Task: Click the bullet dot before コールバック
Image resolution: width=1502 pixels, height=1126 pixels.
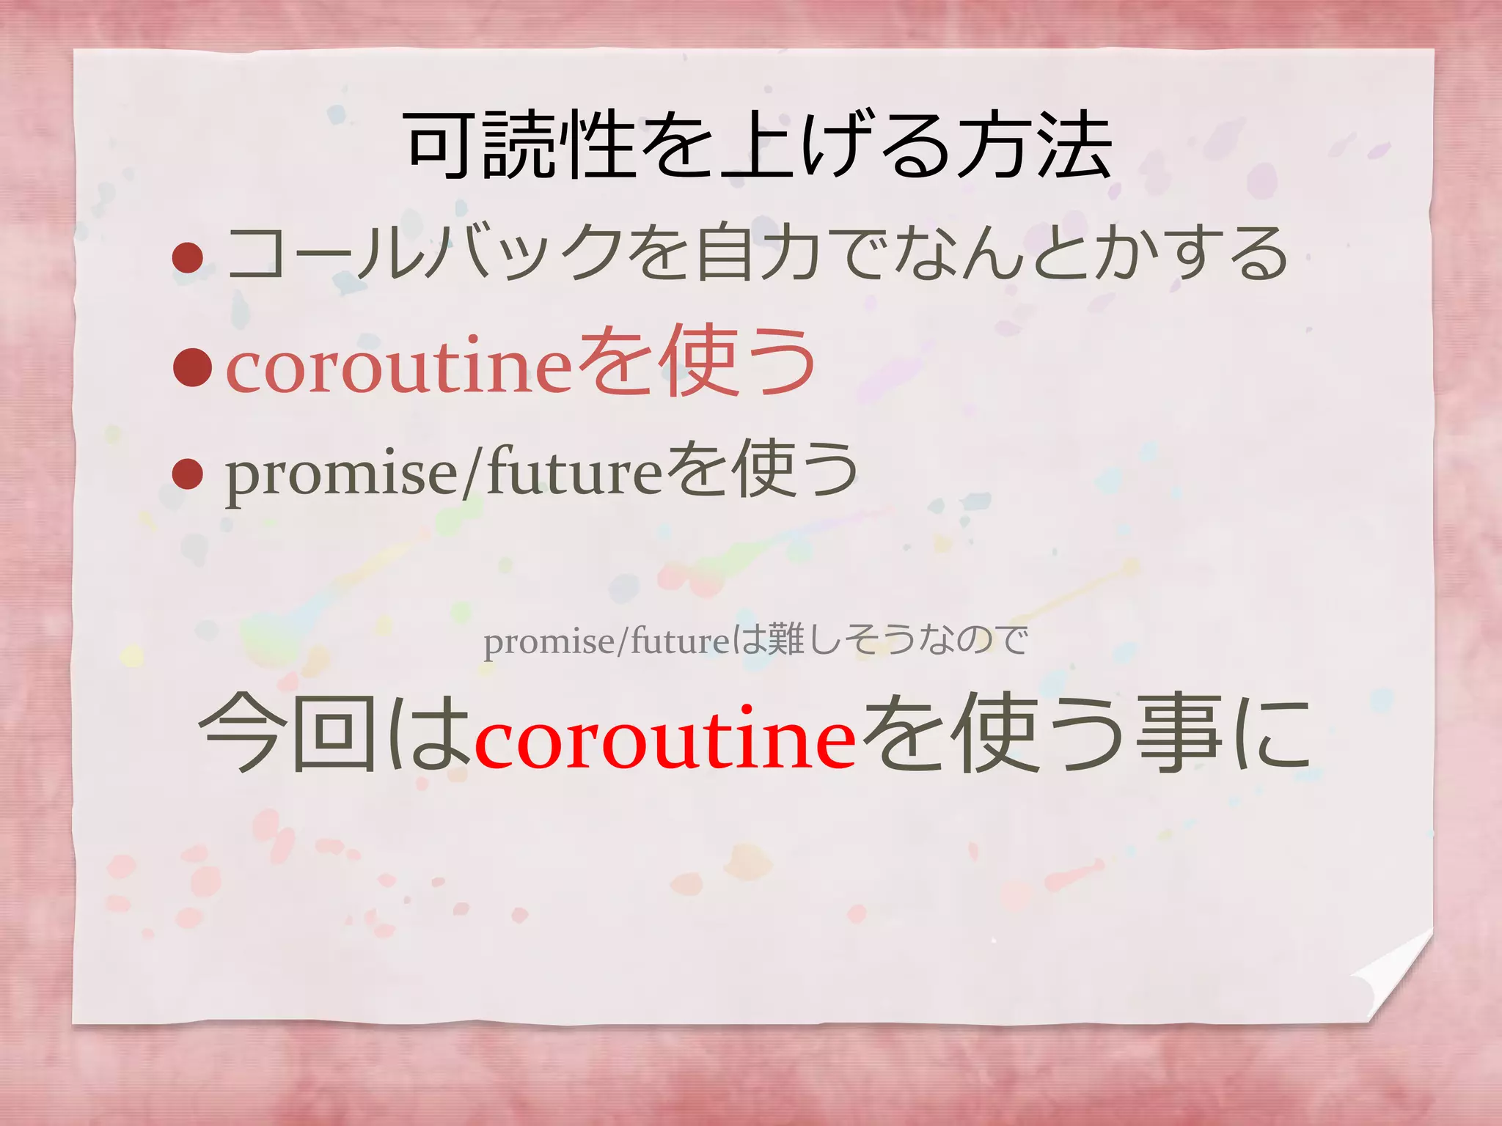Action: tap(188, 258)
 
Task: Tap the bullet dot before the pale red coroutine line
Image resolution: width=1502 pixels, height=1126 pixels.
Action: tap(192, 367)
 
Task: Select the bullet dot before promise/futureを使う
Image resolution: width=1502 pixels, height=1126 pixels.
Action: tap(188, 474)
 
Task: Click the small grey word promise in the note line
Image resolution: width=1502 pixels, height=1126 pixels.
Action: tap(549, 642)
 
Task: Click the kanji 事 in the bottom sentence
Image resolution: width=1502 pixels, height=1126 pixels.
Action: tap(1178, 733)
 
